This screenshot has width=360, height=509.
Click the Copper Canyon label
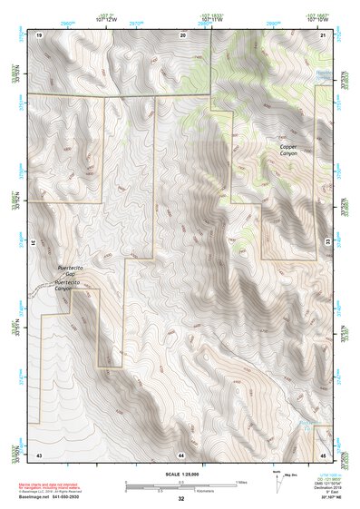pos(288,150)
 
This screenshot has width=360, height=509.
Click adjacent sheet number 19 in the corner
pos(39,34)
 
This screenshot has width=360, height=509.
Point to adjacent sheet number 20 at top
pos(182,34)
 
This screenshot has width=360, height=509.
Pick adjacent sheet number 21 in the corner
pos(324,34)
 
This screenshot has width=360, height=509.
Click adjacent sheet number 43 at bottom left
pos(39,453)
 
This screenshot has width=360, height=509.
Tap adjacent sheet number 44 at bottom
pos(181,453)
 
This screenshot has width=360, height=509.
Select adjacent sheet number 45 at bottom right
pos(324,453)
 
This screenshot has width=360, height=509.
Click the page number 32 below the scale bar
pos(181,499)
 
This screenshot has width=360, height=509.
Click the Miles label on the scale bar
pos(241,480)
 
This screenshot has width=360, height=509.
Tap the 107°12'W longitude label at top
pos(104,19)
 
